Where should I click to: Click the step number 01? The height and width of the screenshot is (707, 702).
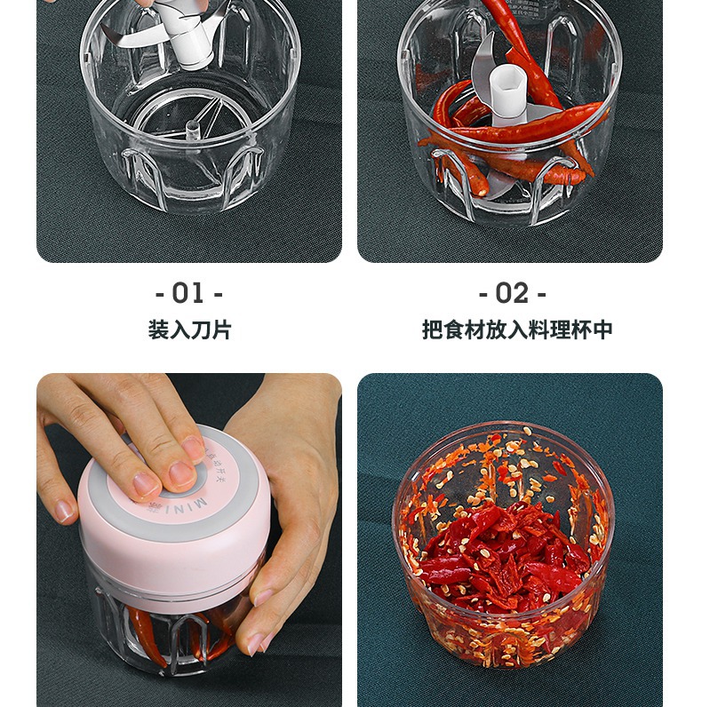(x=188, y=293)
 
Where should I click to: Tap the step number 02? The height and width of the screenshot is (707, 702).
(x=512, y=293)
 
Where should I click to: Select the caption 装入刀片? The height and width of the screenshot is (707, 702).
(x=189, y=330)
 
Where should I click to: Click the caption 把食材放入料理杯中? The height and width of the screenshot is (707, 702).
(x=517, y=330)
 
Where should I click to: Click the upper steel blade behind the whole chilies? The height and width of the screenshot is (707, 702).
(x=484, y=58)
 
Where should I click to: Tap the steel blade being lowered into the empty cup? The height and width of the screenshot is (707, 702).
(x=133, y=36)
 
